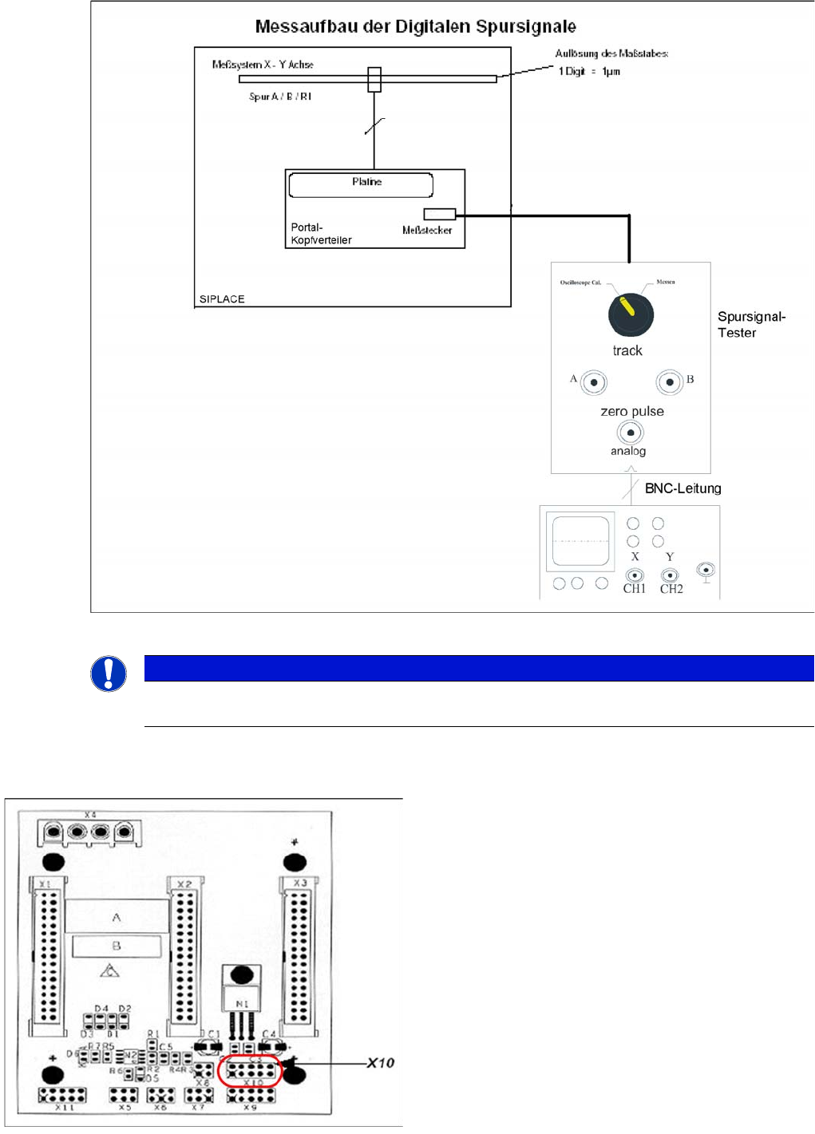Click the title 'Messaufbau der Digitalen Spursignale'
pos(415,27)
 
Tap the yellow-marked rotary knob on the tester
pos(631,314)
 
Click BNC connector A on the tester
pos(593,382)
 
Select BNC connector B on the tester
pos(670,382)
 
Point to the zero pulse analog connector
pos(630,433)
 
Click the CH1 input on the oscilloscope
pos(635,575)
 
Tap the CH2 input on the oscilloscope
pos(671,575)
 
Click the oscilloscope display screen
pos(580,541)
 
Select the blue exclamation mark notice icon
pos(109,674)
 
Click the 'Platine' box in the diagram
pos(361,185)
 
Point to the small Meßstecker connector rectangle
pos(439,214)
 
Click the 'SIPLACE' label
pos(222,299)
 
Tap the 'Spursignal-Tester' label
pos(750,325)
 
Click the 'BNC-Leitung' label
pos(682,488)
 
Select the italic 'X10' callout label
pos(381,1063)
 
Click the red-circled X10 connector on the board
pos(249,1070)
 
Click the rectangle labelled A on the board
pos(117,918)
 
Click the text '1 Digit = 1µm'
pos(589,72)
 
